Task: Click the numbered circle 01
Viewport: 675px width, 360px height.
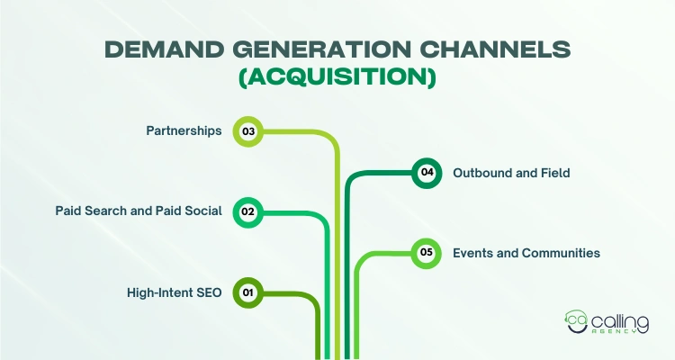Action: (247, 292)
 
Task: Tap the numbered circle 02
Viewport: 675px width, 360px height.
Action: (247, 211)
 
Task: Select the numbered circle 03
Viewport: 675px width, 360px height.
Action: (247, 131)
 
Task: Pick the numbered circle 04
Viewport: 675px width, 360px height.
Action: (427, 172)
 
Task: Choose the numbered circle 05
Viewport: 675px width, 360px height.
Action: (427, 253)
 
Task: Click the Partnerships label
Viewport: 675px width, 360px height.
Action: (184, 131)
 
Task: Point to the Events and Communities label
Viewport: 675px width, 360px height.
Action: (526, 253)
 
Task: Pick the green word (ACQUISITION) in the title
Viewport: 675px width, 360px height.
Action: (337, 79)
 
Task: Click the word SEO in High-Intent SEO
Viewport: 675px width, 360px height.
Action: (209, 292)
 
